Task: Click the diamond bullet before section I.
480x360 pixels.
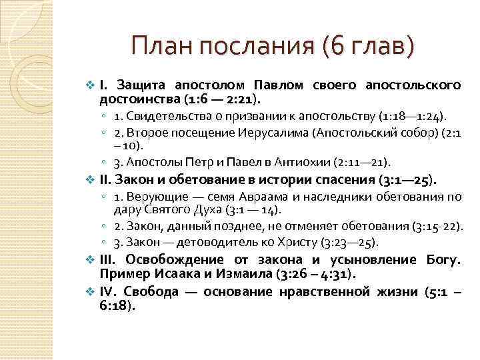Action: click(x=91, y=86)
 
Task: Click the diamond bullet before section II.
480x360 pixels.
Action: click(x=91, y=179)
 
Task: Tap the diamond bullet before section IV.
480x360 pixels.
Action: click(x=91, y=291)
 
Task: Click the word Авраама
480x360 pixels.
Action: click(x=270, y=197)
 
